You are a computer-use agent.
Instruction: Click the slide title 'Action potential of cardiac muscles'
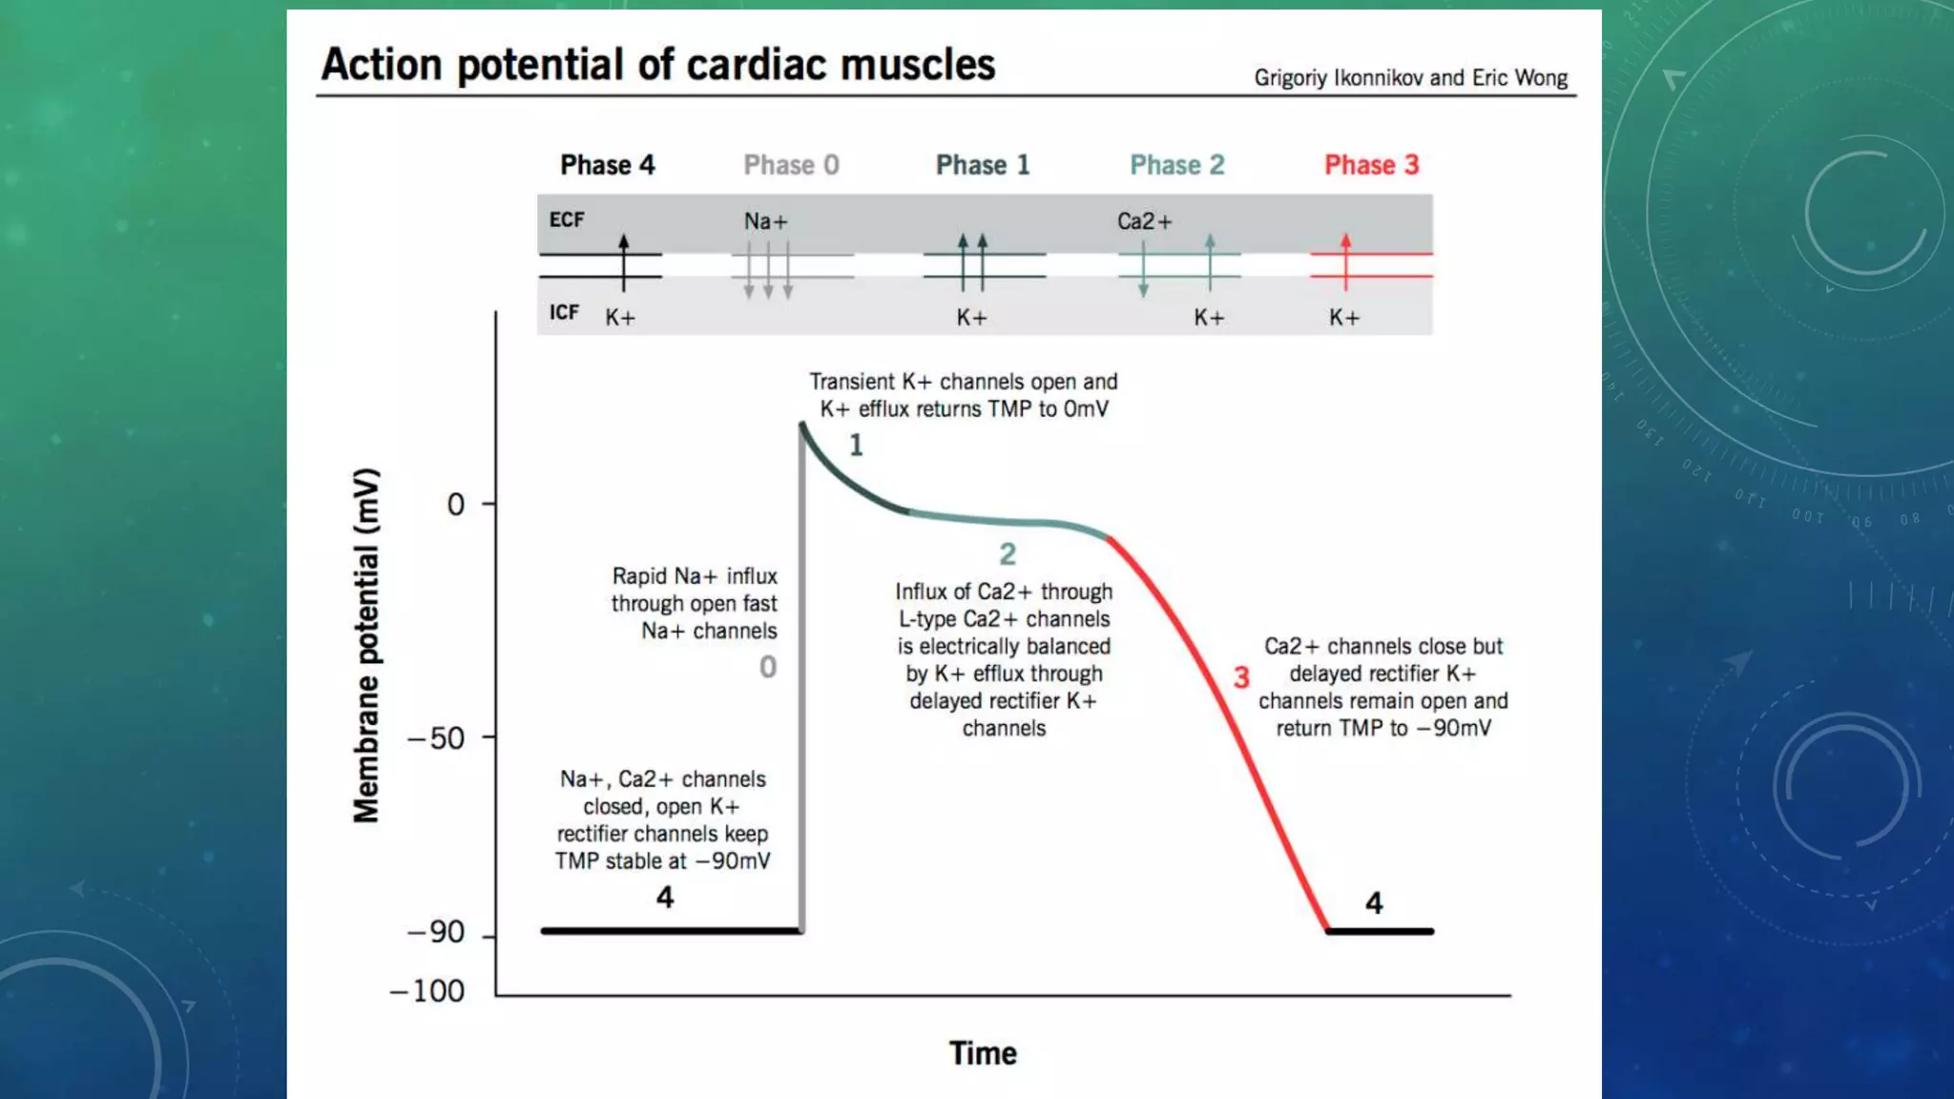coord(657,65)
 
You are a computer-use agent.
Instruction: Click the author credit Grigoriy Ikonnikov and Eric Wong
coord(1410,77)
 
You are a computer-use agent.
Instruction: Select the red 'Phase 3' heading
coord(1371,165)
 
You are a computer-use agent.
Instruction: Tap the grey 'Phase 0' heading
coord(791,165)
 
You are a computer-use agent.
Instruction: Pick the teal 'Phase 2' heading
coord(1176,165)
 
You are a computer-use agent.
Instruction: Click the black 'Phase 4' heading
coord(607,165)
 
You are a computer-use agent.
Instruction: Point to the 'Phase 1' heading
coord(983,165)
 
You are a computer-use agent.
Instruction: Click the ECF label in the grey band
coord(567,219)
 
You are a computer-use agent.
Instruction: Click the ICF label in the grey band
coord(564,312)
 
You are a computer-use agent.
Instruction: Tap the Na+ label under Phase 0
coord(766,221)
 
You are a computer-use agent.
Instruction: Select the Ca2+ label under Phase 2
coord(1144,221)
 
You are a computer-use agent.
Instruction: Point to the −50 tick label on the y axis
coord(436,738)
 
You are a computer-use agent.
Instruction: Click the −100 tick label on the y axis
coord(426,991)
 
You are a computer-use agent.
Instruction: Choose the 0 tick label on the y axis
coord(456,504)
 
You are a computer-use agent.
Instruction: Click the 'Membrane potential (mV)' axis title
coord(366,645)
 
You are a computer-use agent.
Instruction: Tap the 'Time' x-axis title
coord(983,1053)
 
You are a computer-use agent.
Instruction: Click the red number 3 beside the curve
coord(1240,677)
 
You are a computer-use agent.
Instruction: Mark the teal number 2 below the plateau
coord(1008,554)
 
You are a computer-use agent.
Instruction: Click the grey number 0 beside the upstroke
coord(768,667)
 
